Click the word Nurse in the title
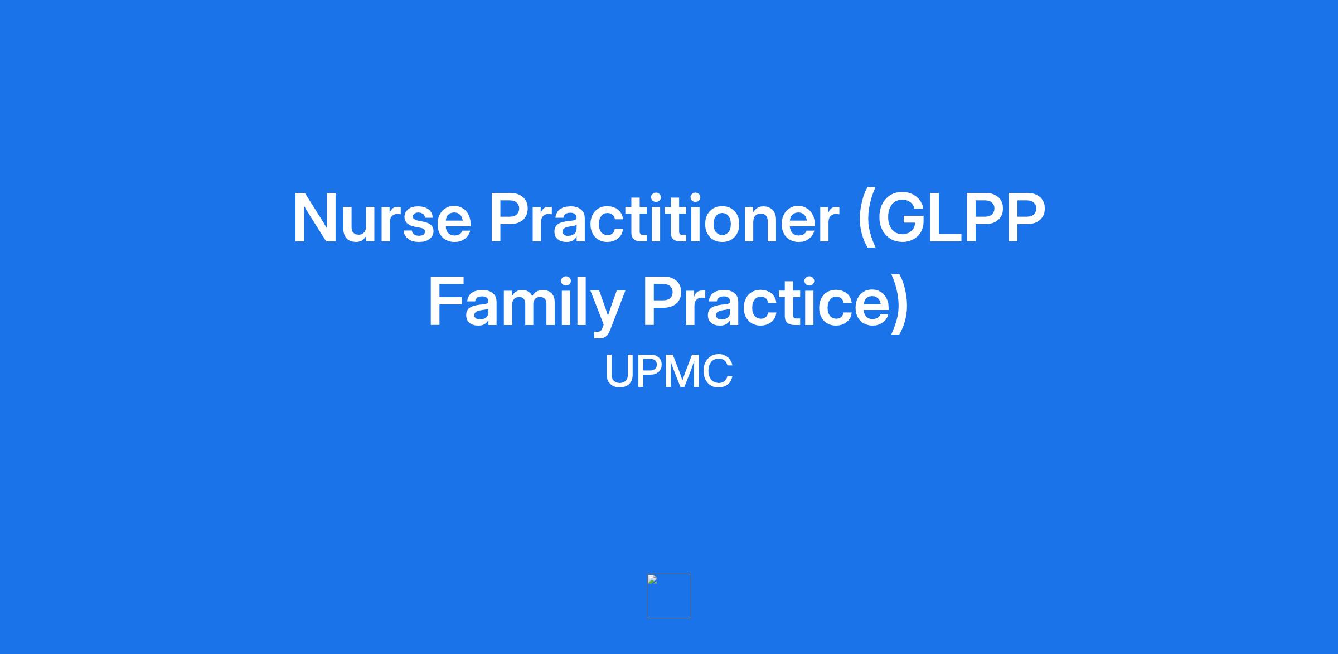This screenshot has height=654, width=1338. coord(382,218)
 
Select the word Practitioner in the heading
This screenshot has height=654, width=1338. coord(664,218)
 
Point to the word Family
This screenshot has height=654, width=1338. coord(526,304)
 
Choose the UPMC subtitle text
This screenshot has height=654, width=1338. coord(669,372)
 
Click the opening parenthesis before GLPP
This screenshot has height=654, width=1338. coord(865,218)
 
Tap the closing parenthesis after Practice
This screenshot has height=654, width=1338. coord(901,304)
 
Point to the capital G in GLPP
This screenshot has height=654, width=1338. coord(901,218)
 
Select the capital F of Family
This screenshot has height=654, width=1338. coord(446,302)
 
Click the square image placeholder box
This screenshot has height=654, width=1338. coord(669,575)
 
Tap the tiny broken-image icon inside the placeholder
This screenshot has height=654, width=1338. coord(652,580)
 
